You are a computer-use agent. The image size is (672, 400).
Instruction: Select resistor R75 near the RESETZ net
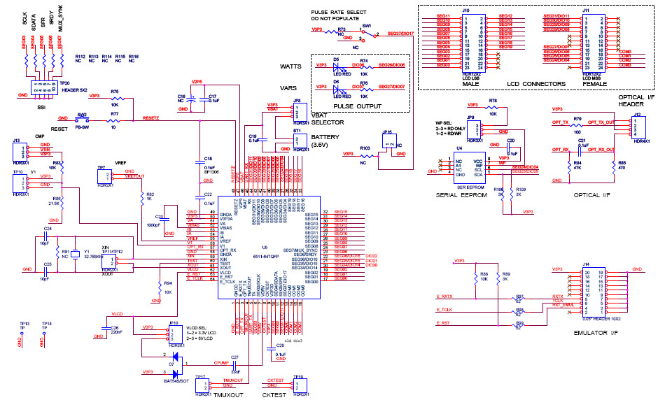115,99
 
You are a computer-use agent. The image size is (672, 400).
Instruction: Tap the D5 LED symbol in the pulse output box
338,68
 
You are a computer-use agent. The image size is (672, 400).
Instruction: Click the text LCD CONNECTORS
527,84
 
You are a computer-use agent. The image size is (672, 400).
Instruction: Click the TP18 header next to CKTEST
299,385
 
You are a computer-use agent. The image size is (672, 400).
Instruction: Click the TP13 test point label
24,324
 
